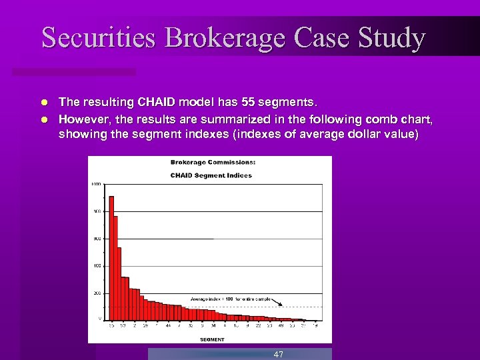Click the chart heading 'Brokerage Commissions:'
[213, 162]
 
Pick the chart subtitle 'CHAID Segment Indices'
[211, 175]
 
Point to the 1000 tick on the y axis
[96, 184]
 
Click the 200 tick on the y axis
[97, 293]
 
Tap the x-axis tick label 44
[168, 327]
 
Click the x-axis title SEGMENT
[212, 339]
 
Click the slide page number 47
[279, 355]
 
